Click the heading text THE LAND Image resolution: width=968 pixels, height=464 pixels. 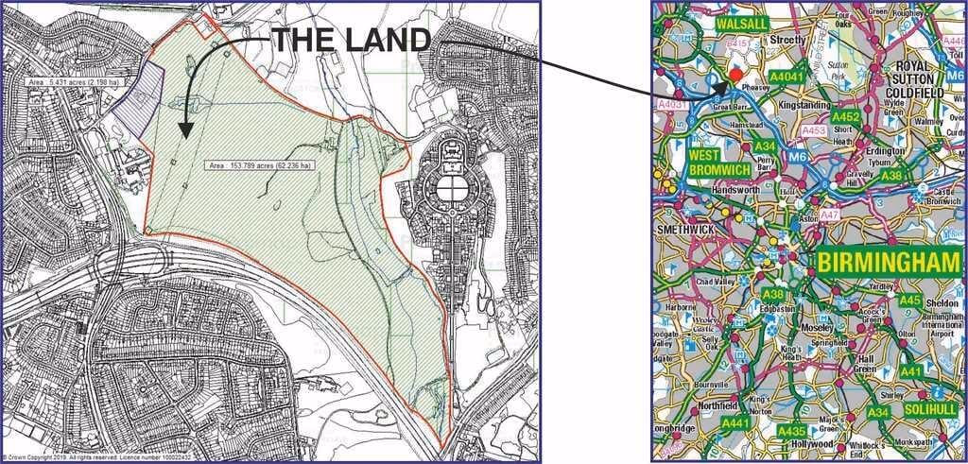click(352, 39)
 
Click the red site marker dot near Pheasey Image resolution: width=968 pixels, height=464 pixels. click(737, 75)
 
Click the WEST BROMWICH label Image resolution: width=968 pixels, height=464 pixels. click(718, 162)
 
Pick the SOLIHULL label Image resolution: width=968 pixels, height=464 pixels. click(929, 410)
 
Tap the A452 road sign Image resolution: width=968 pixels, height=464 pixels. click(846, 117)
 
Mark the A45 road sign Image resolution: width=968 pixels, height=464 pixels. click(910, 301)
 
